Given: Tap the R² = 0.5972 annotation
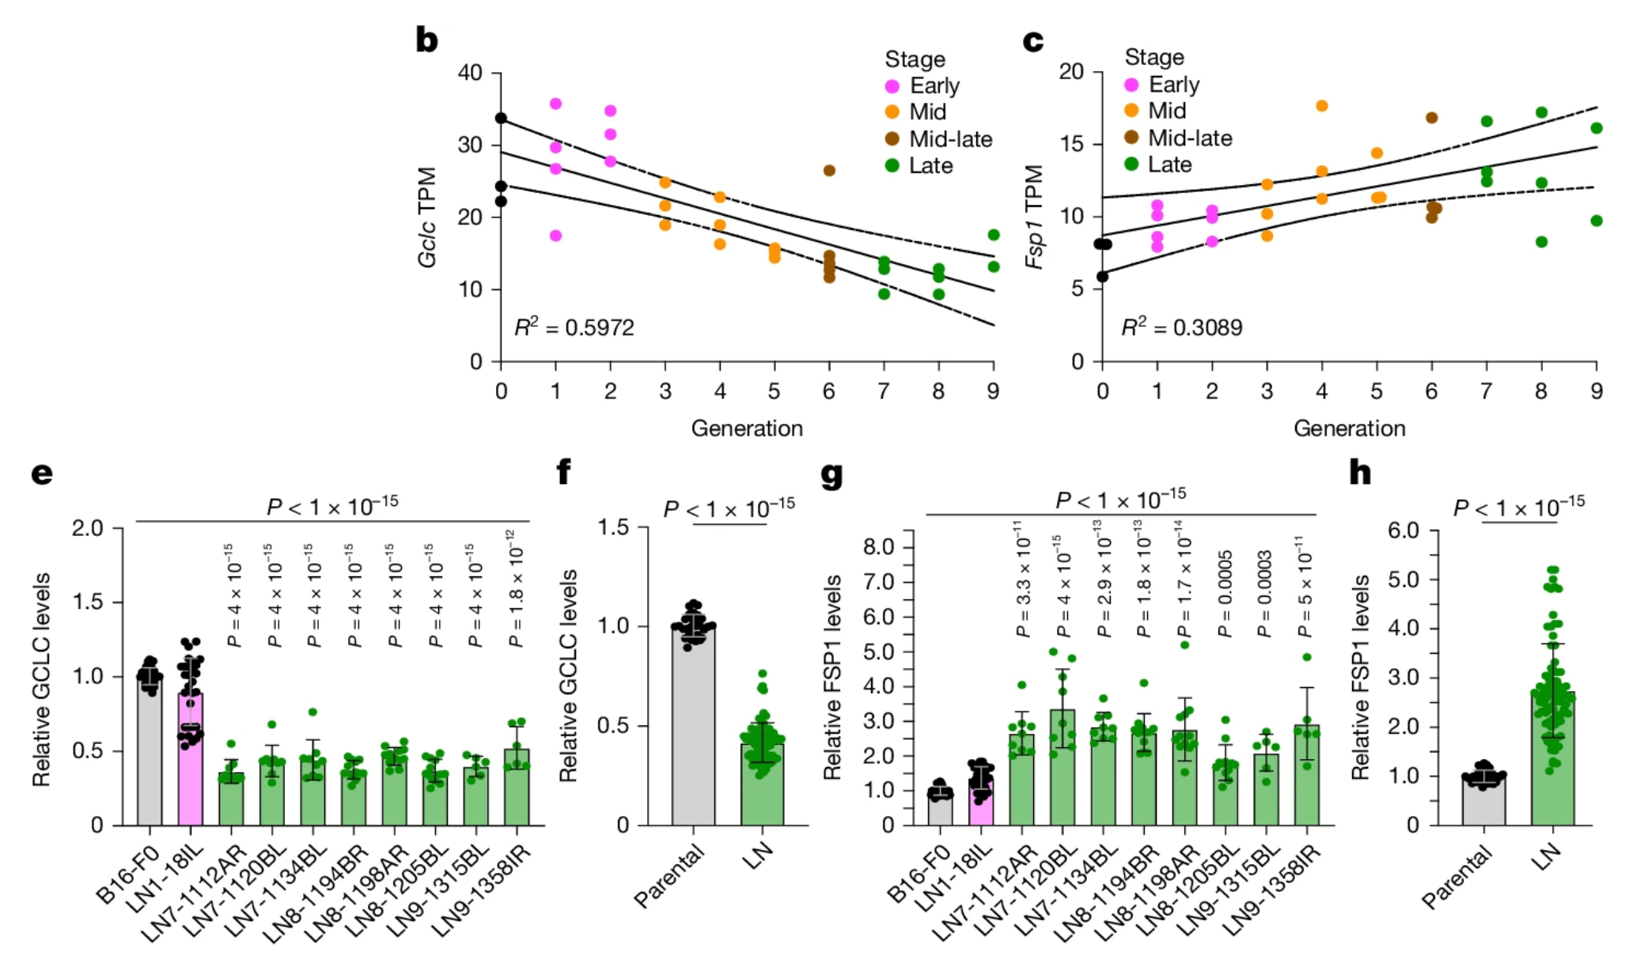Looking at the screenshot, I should [574, 327].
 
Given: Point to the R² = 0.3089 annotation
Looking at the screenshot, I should [1182, 327].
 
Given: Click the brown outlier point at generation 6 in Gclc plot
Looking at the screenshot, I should [829, 170].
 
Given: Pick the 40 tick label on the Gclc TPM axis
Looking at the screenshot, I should [470, 73].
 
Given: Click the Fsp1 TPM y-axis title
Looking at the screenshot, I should [1034, 217].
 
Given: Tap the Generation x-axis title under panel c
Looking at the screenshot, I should [1349, 428].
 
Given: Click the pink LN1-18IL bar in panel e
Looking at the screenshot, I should [190, 759].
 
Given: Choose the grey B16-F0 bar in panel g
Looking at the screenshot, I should [940, 807].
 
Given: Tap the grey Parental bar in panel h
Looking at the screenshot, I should [1483, 801].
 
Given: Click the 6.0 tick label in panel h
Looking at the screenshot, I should [1403, 530].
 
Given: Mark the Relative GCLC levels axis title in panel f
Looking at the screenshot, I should [568, 676].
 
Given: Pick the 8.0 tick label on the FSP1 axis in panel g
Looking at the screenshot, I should [878, 547].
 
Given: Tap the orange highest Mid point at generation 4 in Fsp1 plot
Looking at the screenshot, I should [1321, 106].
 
